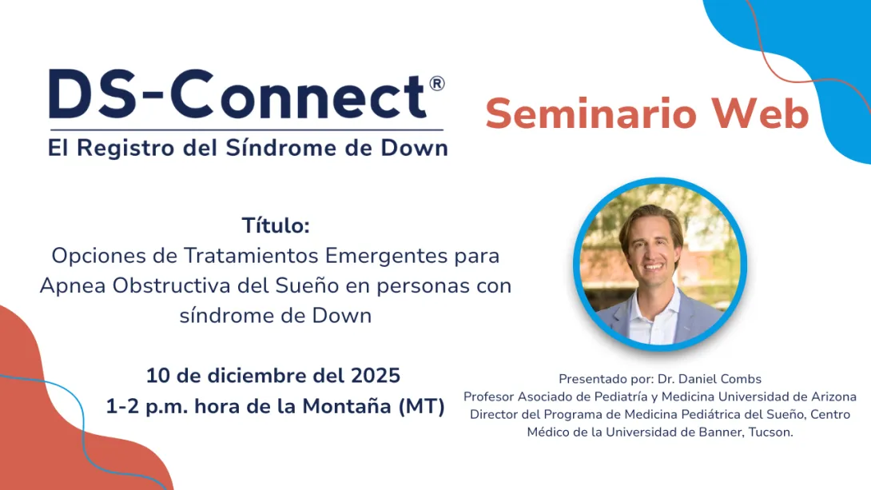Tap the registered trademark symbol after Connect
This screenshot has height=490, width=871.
click(x=436, y=83)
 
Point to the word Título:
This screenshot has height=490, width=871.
click(x=276, y=226)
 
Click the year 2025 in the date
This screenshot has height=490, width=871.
click(x=375, y=375)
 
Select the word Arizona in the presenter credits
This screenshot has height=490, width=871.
click(x=831, y=396)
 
